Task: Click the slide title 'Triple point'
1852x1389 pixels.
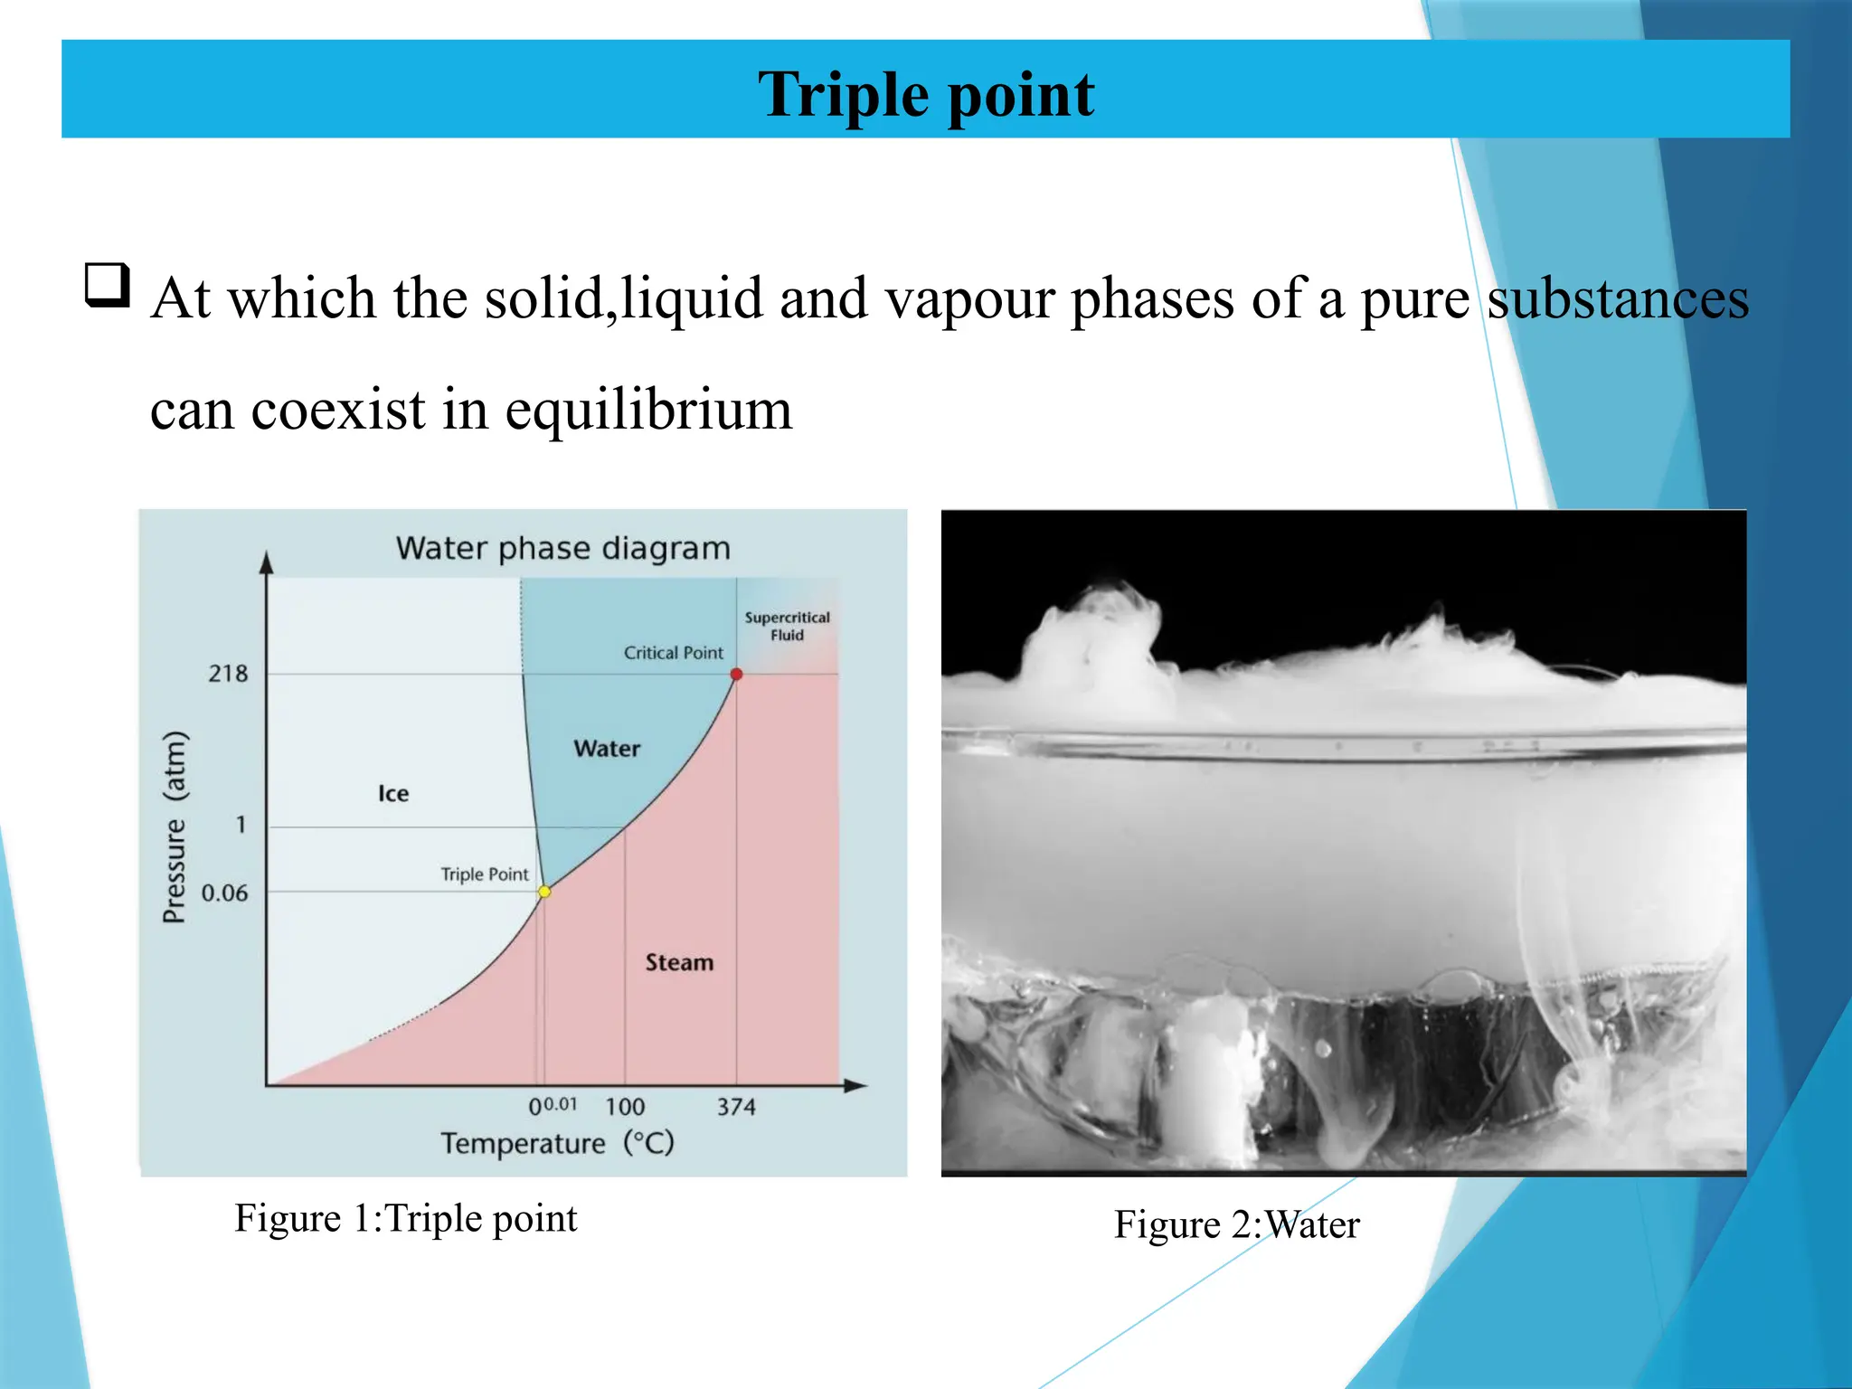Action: click(x=926, y=95)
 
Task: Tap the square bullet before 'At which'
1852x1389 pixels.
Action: click(x=108, y=286)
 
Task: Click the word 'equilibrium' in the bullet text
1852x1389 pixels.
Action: click(x=648, y=410)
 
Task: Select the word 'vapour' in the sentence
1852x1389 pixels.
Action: click(x=969, y=298)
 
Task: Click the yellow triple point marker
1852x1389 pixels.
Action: click(x=544, y=892)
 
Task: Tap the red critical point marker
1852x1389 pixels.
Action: click(x=736, y=674)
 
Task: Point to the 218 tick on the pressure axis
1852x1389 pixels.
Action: click(x=228, y=674)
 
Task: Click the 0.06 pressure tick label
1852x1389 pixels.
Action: click(x=224, y=893)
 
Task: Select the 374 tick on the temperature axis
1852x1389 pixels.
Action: click(x=736, y=1107)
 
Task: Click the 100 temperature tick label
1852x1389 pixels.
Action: click(x=625, y=1107)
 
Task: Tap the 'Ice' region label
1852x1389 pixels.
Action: click(x=393, y=794)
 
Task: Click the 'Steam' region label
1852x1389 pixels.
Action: click(x=679, y=963)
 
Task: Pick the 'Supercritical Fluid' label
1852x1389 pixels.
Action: click(x=787, y=626)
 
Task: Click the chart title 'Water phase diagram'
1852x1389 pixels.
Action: click(x=562, y=549)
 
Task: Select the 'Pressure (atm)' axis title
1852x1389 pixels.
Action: click(x=175, y=827)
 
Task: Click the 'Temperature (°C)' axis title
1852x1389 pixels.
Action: click(x=558, y=1144)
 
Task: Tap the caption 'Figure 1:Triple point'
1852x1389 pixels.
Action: click(x=406, y=1219)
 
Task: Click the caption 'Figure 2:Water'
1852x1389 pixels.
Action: click(x=1236, y=1225)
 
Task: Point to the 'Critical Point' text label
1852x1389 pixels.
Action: click(x=674, y=653)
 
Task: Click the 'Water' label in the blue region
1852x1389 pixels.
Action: click(x=607, y=749)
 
